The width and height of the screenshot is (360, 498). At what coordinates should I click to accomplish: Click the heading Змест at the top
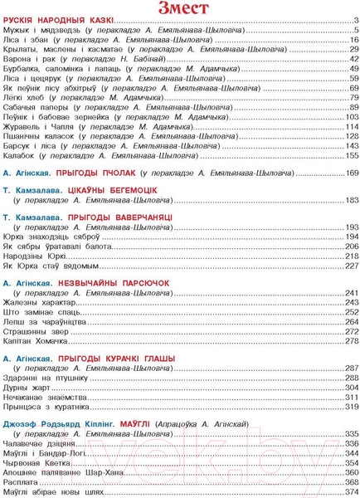point(180,11)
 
